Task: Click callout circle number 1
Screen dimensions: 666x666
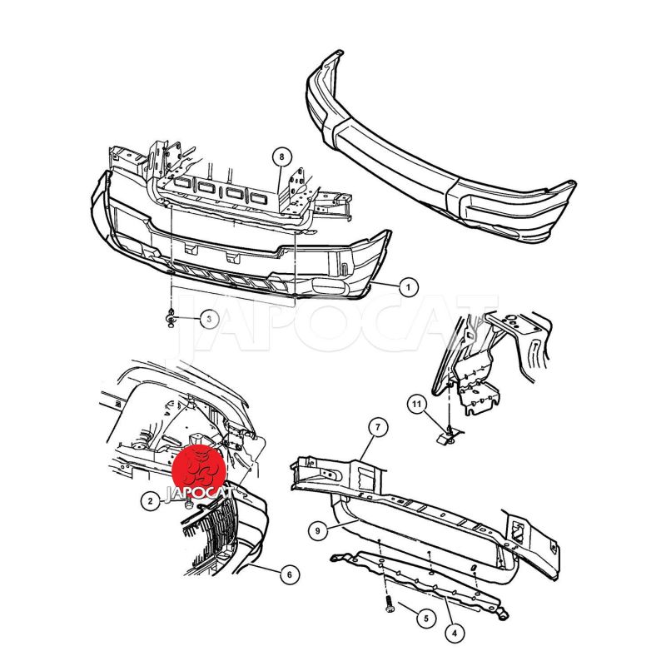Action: [x=408, y=287]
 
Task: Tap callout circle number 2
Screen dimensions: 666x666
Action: [x=151, y=501]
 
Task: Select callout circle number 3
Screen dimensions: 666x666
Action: [x=210, y=319]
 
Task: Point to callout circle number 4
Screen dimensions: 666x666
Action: [x=455, y=634]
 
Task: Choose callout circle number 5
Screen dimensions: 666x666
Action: [x=426, y=617]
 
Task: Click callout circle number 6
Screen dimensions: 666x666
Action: [x=290, y=574]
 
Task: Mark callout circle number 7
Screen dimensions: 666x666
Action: [x=378, y=428]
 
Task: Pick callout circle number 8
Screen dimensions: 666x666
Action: [x=282, y=157]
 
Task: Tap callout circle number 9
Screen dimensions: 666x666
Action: [x=318, y=530]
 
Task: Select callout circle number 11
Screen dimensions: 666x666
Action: [x=416, y=404]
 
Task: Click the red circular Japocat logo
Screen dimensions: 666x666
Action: [x=199, y=471]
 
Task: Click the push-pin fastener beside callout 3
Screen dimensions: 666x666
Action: [x=171, y=318]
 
